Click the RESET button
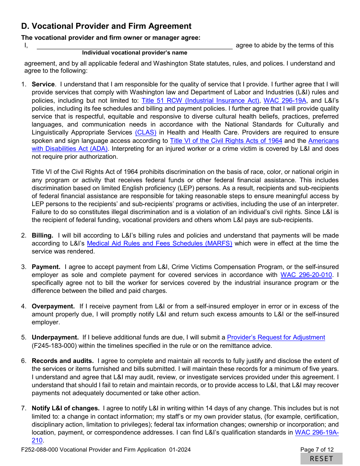[321, 459]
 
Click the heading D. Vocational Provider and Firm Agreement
[106, 26]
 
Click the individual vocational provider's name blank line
[134, 45]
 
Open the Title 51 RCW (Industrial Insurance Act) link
[200, 100]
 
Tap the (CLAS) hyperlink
[146, 133]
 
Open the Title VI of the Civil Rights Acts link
[226, 141]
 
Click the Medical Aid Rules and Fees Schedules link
[160, 243]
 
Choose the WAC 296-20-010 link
[306, 275]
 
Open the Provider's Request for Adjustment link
[276, 337]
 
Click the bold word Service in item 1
[43, 84]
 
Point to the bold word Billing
[42, 235]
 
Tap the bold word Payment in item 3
[46, 267]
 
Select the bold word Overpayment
[53, 306]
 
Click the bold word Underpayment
[55, 337]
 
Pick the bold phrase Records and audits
[63, 361]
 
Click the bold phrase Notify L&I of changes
[66, 408]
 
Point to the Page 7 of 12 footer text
[317, 450]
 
